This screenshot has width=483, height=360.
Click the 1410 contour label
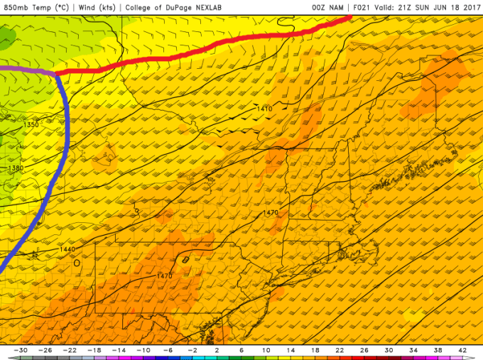pyautogui.click(x=264, y=109)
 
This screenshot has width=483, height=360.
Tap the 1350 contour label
pyautogui.click(x=31, y=125)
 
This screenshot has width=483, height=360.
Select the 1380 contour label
pyautogui.click(x=15, y=168)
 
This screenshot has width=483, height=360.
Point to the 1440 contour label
pyautogui.click(x=67, y=249)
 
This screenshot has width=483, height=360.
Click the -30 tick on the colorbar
pyautogui.click(x=23, y=351)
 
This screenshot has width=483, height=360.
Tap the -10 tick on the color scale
pyautogui.click(x=144, y=351)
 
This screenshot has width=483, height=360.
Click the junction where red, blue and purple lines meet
pyautogui.click(x=55, y=72)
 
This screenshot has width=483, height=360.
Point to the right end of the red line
pyautogui.click(x=349, y=17)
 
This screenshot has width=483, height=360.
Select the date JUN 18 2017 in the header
pyautogui.click(x=454, y=7)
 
